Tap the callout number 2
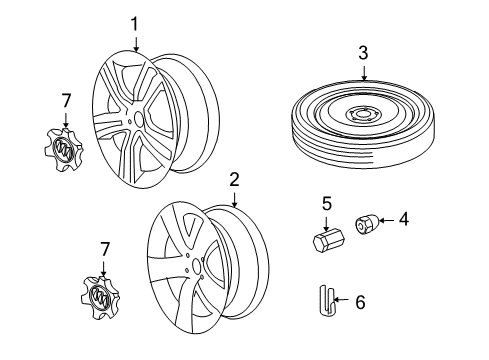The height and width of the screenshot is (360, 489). pos(234,179)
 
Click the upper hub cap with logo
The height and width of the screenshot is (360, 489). pos(65,150)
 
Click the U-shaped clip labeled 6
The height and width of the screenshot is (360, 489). pos(326,299)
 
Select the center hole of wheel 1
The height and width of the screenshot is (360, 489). pos(138,118)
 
